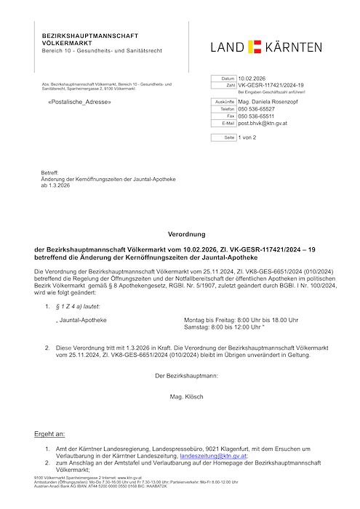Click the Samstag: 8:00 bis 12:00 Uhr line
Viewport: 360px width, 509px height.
pos(231,327)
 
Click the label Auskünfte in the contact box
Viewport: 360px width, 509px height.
pos(223,103)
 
